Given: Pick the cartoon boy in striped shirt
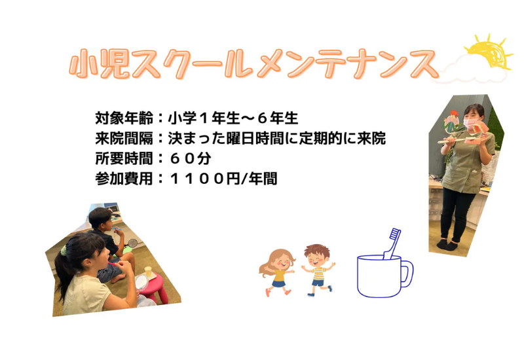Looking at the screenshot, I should pos(318,269).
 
